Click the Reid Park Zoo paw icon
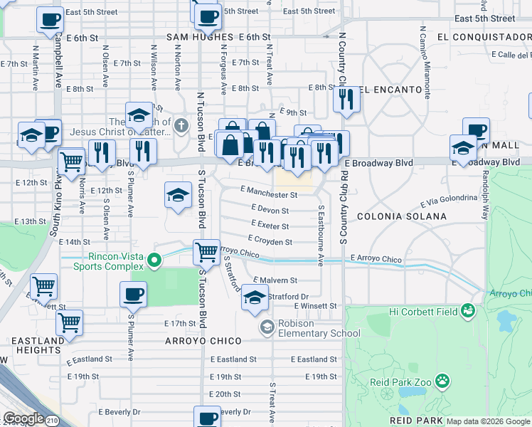[x=442, y=381]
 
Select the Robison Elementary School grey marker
[x=267, y=327]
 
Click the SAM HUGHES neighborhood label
[x=200, y=36]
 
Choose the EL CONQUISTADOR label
[x=484, y=36]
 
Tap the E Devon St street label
[x=270, y=211]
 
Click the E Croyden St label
[x=270, y=242]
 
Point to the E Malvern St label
[x=273, y=281]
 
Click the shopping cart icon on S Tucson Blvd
[x=206, y=251]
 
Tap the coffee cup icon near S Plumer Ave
[x=133, y=292]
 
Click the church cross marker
[x=181, y=126]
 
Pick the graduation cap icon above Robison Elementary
[x=255, y=297]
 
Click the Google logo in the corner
[x=23, y=418]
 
